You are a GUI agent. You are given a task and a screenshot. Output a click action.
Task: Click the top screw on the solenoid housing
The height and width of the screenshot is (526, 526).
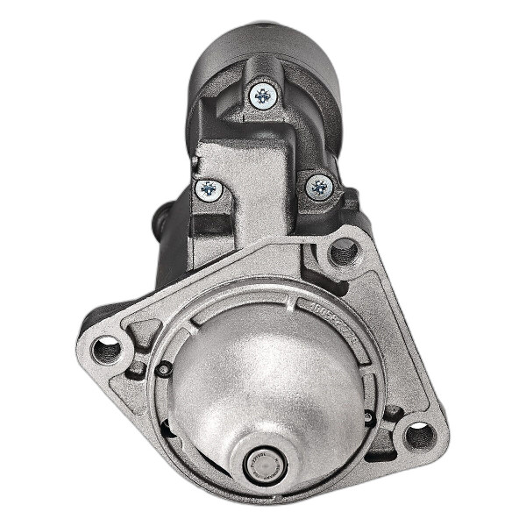pos(263,94)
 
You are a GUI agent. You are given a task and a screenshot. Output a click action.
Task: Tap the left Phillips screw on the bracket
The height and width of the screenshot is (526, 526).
pos(209,188)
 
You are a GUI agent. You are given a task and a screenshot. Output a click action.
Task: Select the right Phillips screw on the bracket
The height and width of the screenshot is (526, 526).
pos(319,186)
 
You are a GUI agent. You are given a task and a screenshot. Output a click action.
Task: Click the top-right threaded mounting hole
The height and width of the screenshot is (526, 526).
pos(345,253)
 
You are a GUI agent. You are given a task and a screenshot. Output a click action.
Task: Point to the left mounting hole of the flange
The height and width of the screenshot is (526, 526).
pos(106,350)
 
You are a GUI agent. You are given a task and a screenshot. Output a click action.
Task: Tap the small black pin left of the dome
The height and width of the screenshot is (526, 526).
pos(163,370)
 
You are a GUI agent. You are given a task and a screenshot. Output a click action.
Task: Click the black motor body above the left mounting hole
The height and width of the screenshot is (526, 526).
pos(171,272)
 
